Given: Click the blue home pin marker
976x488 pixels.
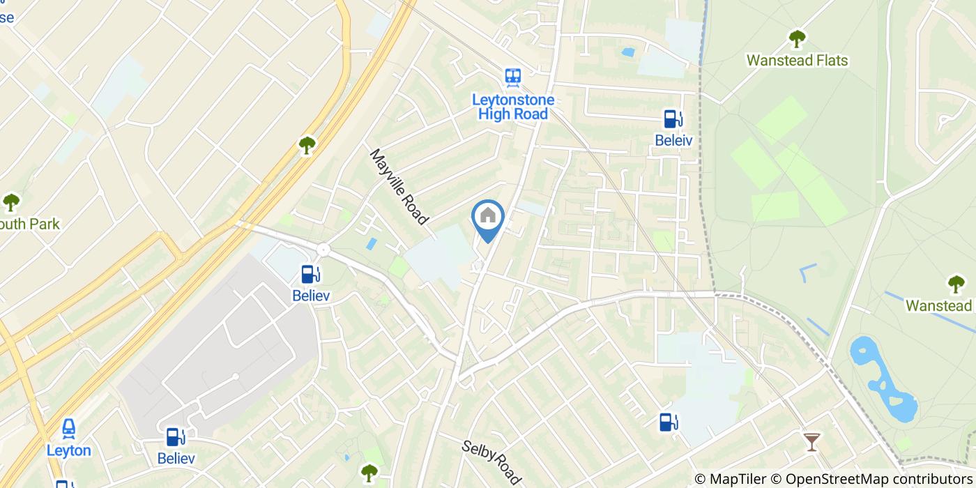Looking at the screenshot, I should [489, 218].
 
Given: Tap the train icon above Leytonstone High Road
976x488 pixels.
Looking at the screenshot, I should [514, 77].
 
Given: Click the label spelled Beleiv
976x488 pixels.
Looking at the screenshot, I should [673, 140].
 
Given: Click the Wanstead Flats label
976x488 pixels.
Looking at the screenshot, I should [797, 61].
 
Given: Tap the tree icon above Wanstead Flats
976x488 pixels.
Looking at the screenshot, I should [796, 39].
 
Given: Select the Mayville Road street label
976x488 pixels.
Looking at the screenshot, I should [399, 186].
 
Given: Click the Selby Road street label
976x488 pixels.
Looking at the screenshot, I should [491, 462].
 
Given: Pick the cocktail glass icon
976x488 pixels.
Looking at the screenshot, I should [811, 441].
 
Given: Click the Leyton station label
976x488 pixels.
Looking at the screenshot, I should [69, 450].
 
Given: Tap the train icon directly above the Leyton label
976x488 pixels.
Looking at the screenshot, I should [69, 429].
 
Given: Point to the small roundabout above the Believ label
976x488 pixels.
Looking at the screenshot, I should [323, 250].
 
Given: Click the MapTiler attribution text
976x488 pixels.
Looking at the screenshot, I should [730, 479].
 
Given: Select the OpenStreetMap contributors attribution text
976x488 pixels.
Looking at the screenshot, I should [878, 479].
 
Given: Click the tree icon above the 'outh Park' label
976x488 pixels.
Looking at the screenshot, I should [11, 202].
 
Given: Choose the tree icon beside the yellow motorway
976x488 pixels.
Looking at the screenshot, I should [307, 145].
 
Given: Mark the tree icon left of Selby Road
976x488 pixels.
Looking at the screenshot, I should [369, 473].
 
